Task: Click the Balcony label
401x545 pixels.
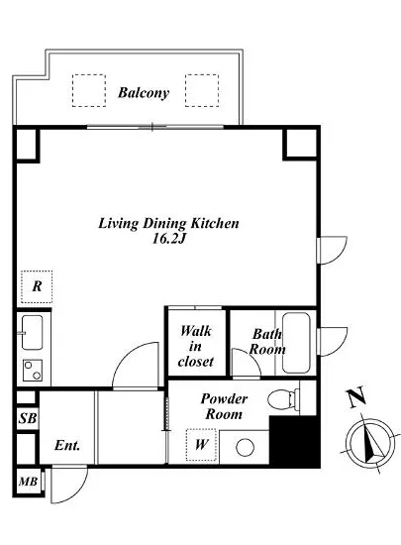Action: (x=144, y=93)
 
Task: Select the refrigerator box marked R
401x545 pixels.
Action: (x=37, y=286)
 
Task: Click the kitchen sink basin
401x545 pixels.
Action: (x=33, y=332)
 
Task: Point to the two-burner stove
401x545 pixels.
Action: (x=33, y=371)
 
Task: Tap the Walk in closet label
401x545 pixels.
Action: (x=195, y=346)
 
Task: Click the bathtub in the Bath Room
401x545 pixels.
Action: (x=296, y=343)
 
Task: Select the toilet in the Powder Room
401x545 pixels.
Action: (x=283, y=397)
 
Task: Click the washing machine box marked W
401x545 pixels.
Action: (x=201, y=445)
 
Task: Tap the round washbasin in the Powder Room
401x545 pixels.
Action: (x=245, y=447)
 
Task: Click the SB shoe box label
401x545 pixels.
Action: (x=28, y=418)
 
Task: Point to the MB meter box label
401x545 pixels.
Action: (x=28, y=482)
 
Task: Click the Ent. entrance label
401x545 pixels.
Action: (x=67, y=445)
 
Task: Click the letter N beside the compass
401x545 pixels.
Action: (x=356, y=397)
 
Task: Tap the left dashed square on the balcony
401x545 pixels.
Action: (x=89, y=90)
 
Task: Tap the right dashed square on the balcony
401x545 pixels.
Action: (x=202, y=90)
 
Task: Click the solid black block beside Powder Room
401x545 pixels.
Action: (x=294, y=441)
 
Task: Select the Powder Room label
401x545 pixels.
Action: (x=224, y=406)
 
